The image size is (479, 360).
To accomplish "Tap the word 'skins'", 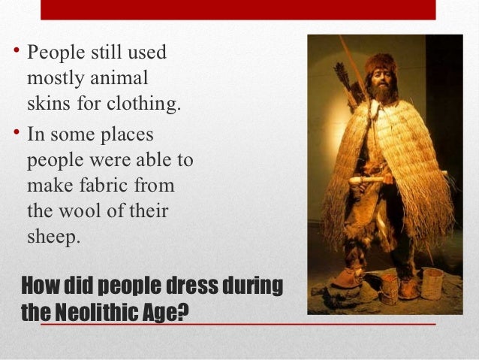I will click(x=47, y=102).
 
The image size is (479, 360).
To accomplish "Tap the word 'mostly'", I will click(x=55, y=77).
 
